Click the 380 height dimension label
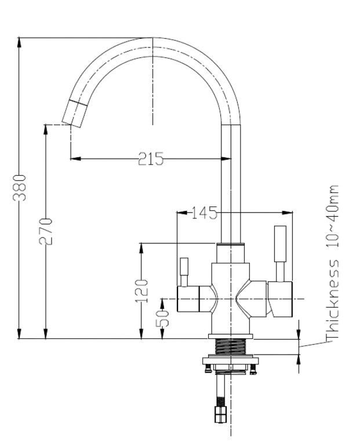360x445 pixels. click(x=19, y=188)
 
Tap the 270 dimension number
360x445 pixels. click(x=45, y=231)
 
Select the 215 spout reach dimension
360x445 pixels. click(x=151, y=159)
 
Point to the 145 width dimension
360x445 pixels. click(x=205, y=213)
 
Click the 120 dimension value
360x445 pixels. click(x=141, y=291)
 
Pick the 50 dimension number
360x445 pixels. click(x=162, y=318)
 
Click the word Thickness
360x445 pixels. click(x=332, y=299)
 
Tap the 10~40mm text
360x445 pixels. click(x=332, y=216)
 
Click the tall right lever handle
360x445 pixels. click(x=280, y=254)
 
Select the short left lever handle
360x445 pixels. click(x=184, y=272)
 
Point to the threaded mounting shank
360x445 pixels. click(x=230, y=346)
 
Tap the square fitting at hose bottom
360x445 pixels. click(x=221, y=414)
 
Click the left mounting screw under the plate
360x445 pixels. click(x=208, y=369)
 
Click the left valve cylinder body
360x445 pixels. click(x=188, y=299)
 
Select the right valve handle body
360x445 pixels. click(x=280, y=299)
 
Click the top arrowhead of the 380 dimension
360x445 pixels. click(x=19, y=42)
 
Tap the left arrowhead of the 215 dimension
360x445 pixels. click(x=75, y=159)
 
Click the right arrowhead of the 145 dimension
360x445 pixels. click(x=288, y=213)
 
